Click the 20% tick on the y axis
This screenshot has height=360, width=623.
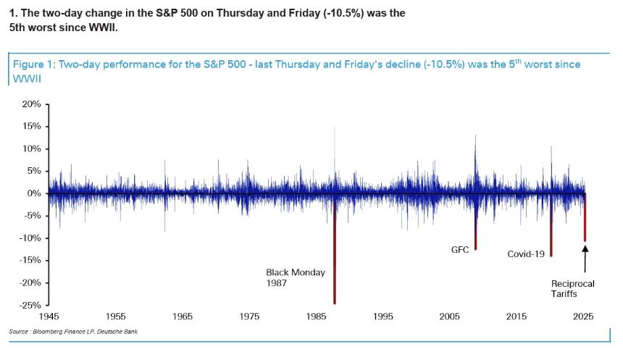pyautogui.click(x=31, y=104)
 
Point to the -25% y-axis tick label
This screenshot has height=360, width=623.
pyautogui.click(x=29, y=305)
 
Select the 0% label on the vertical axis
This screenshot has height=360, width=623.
pyautogui.click(x=33, y=193)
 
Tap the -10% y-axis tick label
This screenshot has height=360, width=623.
pyautogui.click(x=29, y=238)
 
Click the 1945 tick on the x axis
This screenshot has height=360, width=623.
pyautogui.click(x=49, y=317)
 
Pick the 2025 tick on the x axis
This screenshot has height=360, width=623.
pyautogui.click(x=585, y=317)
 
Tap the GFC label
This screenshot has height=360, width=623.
pyautogui.click(x=460, y=250)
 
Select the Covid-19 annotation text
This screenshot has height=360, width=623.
pyautogui.click(x=525, y=254)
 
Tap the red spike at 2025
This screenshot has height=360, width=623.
pyautogui.click(x=585, y=221)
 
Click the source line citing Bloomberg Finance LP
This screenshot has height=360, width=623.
pyautogui.click(x=72, y=332)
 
